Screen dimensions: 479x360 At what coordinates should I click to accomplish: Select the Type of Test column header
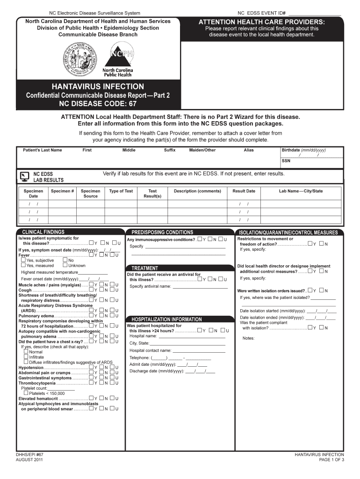(x=121, y=191)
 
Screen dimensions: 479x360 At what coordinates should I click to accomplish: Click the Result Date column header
(x=244, y=191)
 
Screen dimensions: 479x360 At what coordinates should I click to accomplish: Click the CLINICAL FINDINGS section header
(x=41, y=232)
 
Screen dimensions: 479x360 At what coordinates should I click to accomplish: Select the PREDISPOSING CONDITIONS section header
(x=162, y=232)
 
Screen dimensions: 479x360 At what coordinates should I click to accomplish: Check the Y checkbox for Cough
(x=91, y=290)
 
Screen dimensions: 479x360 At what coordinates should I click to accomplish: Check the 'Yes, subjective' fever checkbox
(x=23, y=260)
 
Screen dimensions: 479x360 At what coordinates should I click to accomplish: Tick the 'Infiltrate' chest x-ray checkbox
(x=26, y=356)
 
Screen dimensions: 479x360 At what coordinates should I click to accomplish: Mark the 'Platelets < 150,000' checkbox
(x=26, y=393)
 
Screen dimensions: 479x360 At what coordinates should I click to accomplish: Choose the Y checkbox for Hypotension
(x=91, y=367)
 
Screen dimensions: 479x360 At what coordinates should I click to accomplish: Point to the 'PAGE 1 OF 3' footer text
(x=331, y=460)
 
